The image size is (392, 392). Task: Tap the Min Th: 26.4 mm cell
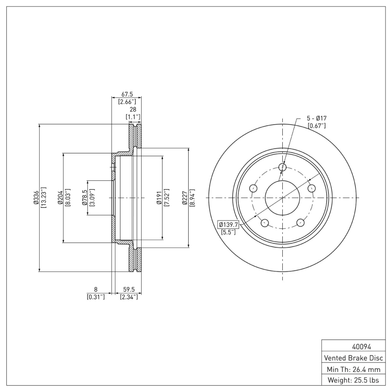[353, 369]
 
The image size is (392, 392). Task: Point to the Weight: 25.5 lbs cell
[353, 380]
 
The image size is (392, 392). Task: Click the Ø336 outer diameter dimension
[35, 197]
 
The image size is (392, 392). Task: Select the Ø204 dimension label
[60, 197]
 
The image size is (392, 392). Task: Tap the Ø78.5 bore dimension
[84, 197]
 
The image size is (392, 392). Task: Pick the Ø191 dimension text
[159, 197]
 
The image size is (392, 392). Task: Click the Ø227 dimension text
[185, 197]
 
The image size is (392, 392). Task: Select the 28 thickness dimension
[132, 110]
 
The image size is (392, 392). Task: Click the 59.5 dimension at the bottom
[128, 290]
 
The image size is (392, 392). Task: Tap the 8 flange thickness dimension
[96, 290]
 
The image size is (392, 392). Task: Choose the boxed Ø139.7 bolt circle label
[228, 224]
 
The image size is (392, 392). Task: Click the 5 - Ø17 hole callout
[317, 119]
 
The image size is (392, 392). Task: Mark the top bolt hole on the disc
[282, 167]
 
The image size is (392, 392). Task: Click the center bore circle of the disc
[282, 197]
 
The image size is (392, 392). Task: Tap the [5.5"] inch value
[228, 232]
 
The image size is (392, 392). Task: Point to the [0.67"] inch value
[317, 126]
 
